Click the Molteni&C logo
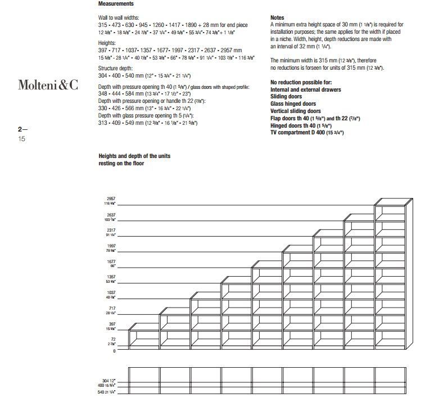pos(48,85)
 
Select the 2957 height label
pos(110,200)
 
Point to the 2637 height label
pos(110,215)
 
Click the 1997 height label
pos(110,246)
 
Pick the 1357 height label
pos(110,277)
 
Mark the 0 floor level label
pos(114,351)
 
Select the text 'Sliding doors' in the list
pos(286,97)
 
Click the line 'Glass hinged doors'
pos(293,103)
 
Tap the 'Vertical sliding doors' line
pos(296,111)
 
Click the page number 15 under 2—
pos(22,138)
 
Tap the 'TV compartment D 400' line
pos(307,133)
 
